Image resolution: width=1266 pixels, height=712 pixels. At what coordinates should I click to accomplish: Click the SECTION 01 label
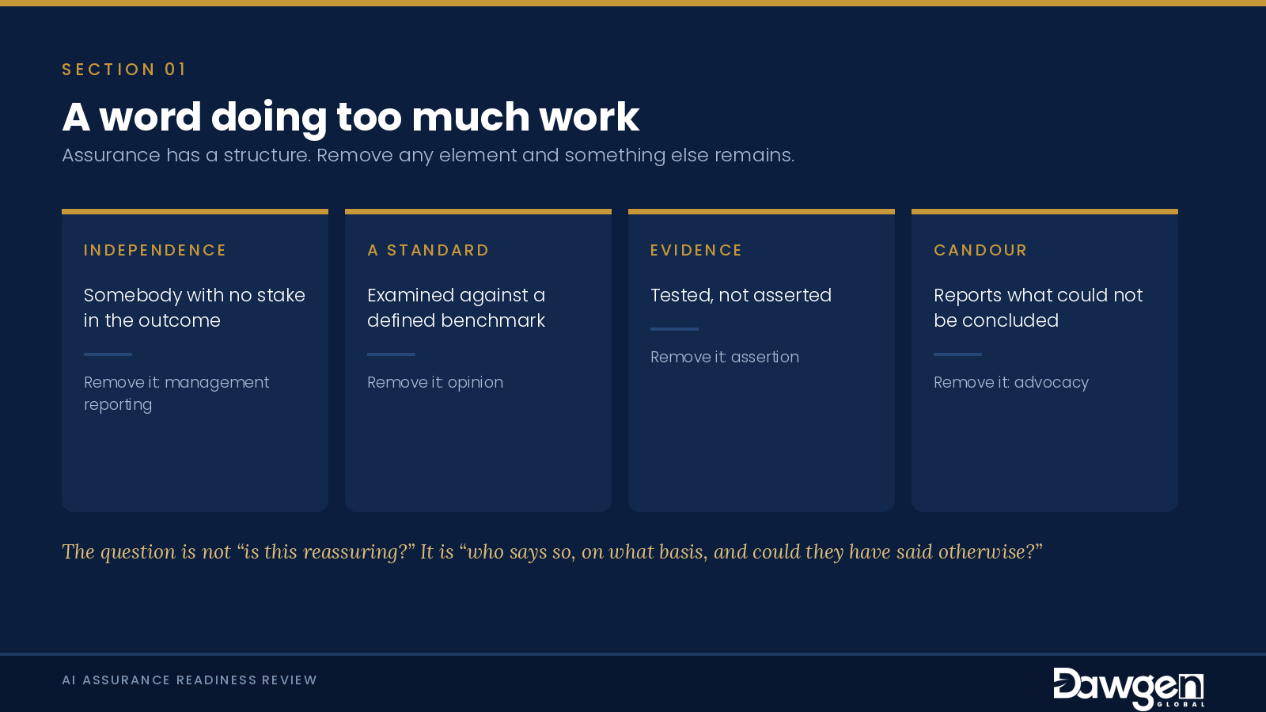coord(123,70)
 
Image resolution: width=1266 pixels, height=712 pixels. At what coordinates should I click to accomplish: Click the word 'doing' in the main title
coord(269,118)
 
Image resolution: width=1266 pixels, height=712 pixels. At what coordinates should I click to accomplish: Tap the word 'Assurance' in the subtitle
coord(111,155)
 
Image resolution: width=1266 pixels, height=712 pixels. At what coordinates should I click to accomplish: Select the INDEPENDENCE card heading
coord(155,250)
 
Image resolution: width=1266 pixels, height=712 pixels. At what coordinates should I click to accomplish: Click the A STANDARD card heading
coord(428,250)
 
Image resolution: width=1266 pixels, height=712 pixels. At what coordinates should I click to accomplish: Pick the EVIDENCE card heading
coord(696,250)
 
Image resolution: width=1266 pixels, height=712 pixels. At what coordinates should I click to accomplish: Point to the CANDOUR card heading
coord(980,250)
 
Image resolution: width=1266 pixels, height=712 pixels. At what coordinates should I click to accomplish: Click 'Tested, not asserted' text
coord(741,296)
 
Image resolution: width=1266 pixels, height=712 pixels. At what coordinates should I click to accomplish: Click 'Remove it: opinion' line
coord(435,383)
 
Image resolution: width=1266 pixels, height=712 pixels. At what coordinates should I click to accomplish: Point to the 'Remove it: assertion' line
coord(725,357)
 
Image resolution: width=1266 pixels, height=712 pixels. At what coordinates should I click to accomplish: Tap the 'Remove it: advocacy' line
coord(1011,383)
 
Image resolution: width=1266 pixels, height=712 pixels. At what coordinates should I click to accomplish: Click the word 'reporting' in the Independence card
coord(118,405)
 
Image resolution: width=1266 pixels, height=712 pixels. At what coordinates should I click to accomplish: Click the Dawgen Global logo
coord(1128,687)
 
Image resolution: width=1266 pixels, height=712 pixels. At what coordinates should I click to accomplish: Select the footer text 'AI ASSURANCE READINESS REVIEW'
coord(189,680)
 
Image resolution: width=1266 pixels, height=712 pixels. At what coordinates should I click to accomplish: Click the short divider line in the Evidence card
coord(674,329)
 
